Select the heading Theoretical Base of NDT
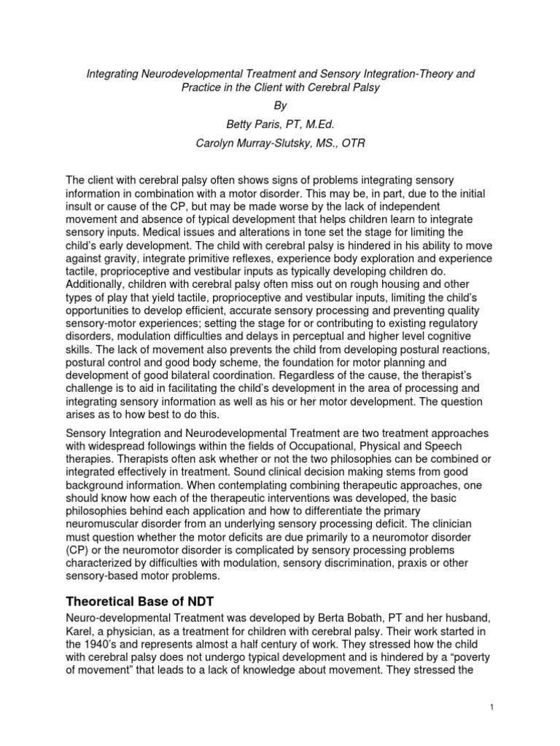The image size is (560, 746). pos(144,601)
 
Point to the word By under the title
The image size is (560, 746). pos(280,105)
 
